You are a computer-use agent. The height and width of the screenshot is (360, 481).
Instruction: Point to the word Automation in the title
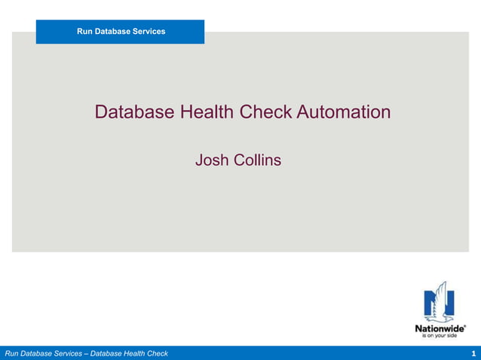pyautogui.click(x=343, y=113)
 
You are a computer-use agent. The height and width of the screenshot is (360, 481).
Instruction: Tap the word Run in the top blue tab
pyautogui.click(x=84, y=32)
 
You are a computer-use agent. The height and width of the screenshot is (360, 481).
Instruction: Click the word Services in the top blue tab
pyautogui.click(x=149, y=32)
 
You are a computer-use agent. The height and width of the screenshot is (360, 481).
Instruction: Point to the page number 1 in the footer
pyautogui.click(x=473, y=353)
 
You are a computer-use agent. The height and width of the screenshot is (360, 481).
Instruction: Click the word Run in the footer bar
pyautogui.click(x=12, y=353)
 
